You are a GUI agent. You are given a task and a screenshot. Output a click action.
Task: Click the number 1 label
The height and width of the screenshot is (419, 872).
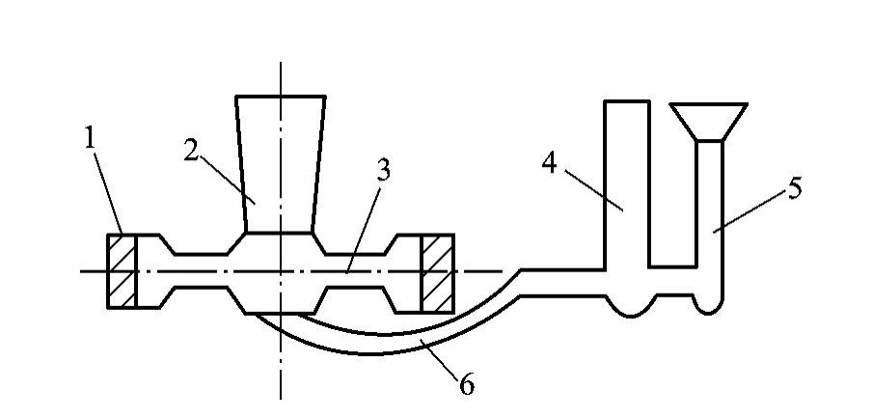click(90, 138)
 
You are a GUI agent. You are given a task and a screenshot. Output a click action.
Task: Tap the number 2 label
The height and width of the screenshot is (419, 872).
click(191, 151)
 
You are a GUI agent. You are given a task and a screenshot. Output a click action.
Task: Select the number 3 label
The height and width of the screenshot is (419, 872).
click(383, 171)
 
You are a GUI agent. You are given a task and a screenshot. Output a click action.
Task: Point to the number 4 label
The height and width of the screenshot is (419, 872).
click(549, 163)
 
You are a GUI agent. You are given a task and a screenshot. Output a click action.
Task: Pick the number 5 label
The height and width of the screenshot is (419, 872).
click(795, 188)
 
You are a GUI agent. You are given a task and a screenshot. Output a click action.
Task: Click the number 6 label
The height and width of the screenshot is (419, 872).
click(467, 385)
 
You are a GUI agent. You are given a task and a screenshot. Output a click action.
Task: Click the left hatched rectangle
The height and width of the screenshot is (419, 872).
click(122, 271)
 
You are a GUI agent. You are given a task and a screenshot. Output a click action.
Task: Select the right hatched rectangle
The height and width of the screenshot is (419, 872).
click(438, 273)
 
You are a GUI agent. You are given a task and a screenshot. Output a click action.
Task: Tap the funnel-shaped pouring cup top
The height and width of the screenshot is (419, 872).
click(708, 122)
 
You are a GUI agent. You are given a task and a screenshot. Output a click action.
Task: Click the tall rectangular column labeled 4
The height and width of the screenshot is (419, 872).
click(627, 184)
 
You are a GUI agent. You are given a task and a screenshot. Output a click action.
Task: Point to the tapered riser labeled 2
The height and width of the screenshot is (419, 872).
click(281, 164)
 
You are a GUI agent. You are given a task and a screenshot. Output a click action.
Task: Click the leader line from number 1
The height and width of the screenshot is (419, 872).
click(108, 192)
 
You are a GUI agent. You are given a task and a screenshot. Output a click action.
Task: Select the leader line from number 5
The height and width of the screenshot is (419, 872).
click(749, 209)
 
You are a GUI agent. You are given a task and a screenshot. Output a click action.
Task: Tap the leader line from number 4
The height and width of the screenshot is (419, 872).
click(593, 190)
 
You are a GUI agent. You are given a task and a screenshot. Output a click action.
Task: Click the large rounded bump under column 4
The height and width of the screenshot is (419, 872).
click(631, 307)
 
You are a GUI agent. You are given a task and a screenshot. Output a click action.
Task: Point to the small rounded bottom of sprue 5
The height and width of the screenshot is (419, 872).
click(708, 306)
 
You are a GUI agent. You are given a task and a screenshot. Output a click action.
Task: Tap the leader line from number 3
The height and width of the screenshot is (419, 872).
click(363, 231)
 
